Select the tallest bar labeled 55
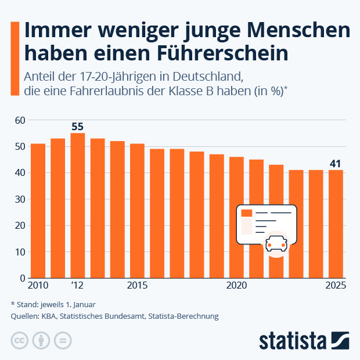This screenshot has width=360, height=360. coord(78,206)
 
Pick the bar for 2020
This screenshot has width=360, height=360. coord(236,217)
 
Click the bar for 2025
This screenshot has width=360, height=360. coord(336,224)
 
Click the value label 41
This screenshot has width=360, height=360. coord(336,164)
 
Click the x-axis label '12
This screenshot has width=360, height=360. coord(78,286)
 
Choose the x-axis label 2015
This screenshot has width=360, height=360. coord(137,286)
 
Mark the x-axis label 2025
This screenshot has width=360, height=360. coord(336,286)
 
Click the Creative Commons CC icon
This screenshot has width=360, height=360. coord(20,340)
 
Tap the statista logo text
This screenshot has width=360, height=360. coord(293,340)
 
